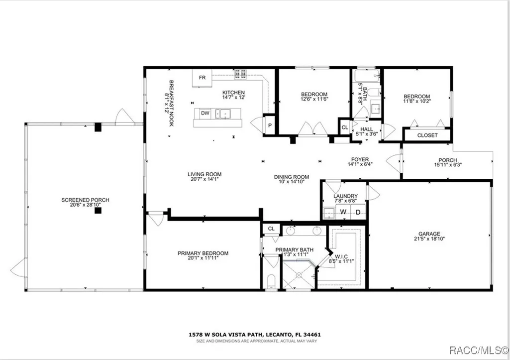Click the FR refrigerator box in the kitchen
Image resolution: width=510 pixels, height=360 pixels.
coord(202,78)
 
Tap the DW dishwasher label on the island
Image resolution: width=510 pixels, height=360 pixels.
coord(205,113)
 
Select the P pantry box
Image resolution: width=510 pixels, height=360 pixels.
coord(270,125)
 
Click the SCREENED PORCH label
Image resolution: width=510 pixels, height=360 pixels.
coord(85,200)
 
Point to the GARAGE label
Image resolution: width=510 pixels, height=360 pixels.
coord(429,234)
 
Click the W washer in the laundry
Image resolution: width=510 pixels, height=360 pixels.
coord(343,212)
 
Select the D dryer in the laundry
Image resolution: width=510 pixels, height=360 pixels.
coord(358,212)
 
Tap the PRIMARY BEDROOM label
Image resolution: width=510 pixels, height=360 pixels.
coord(203,253)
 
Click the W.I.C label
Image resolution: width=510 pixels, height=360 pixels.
coord(341,256)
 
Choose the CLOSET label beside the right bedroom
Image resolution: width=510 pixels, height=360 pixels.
coord(427,135)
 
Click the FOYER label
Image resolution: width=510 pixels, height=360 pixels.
coord(360,159)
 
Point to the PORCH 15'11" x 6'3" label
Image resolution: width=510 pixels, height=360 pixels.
coord(448,162)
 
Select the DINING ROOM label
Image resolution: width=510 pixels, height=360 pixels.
coord(292,177)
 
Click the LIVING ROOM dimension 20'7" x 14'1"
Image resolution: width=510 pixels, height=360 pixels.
coord(204,179)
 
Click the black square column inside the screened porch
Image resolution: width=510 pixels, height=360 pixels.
coord(98,211)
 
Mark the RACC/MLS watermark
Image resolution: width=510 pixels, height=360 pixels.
coord(479,350)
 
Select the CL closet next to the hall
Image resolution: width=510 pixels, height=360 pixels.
coord(345,127)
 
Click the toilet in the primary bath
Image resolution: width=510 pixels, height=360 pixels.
coord(271,281)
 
